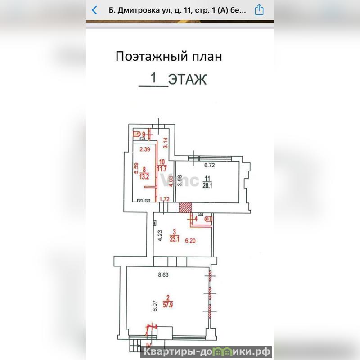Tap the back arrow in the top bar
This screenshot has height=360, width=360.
(x=94, y=10)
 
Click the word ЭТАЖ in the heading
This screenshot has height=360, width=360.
(x=187, y=80)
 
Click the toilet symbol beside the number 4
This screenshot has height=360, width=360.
(x=207, y=219)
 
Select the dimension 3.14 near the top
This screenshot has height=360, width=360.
(x=165, y=143)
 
